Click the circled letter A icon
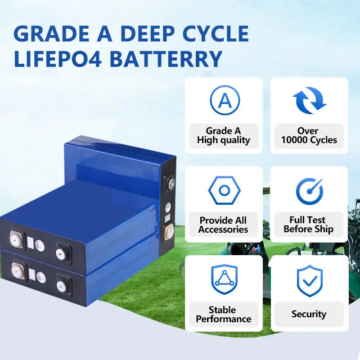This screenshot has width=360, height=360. click(x=224, y=101)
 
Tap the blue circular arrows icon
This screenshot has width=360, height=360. click(x=309, y=100)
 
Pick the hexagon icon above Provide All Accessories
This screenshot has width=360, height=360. click(x=224, y=190)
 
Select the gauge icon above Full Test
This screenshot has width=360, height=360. click(x=309, y=190)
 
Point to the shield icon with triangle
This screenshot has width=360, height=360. click(x=224, y=279)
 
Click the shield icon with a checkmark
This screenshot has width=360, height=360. click(x=309, y=280)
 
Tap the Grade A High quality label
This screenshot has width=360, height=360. click(x=224, y=135)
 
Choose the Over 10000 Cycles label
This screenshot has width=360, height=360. click(x=309, y=135)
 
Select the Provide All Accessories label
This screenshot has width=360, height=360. click(x=224, y=225)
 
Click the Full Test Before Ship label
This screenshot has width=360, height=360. click(x=309, y=225)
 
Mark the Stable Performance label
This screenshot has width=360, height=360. click(x=224, y=315)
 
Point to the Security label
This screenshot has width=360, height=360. click(x=309, y=315)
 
